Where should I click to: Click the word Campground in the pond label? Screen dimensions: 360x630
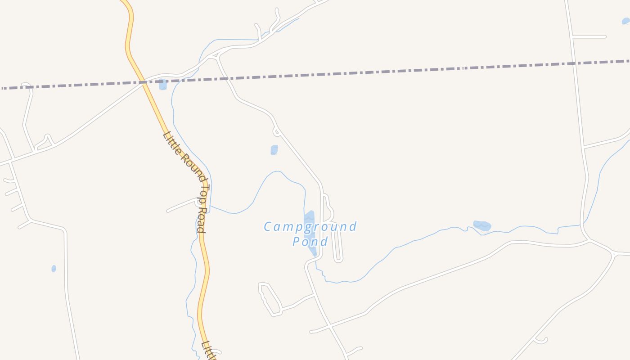pos(310,227)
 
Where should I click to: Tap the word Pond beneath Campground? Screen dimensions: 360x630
pos(310,242)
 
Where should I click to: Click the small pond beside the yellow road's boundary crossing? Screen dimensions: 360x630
pos(163,84)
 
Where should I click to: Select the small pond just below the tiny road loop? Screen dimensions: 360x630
pos(274,150)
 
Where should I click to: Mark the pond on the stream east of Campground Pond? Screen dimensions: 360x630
pos(482,225)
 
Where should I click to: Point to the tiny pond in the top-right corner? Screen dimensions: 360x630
pos(625,21)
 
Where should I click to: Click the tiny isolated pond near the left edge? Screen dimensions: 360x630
pos(54,269)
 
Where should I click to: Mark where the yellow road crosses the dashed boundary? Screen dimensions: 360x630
pos(143,82)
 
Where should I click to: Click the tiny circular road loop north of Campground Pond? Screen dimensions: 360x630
pos(277,132)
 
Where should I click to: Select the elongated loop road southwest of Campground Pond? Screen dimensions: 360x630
pos(270,299)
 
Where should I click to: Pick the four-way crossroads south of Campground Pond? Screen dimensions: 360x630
pos(330,325)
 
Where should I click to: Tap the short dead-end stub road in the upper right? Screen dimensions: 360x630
pos(589,36)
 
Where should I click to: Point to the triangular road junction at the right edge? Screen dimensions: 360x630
pos(613,254)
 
